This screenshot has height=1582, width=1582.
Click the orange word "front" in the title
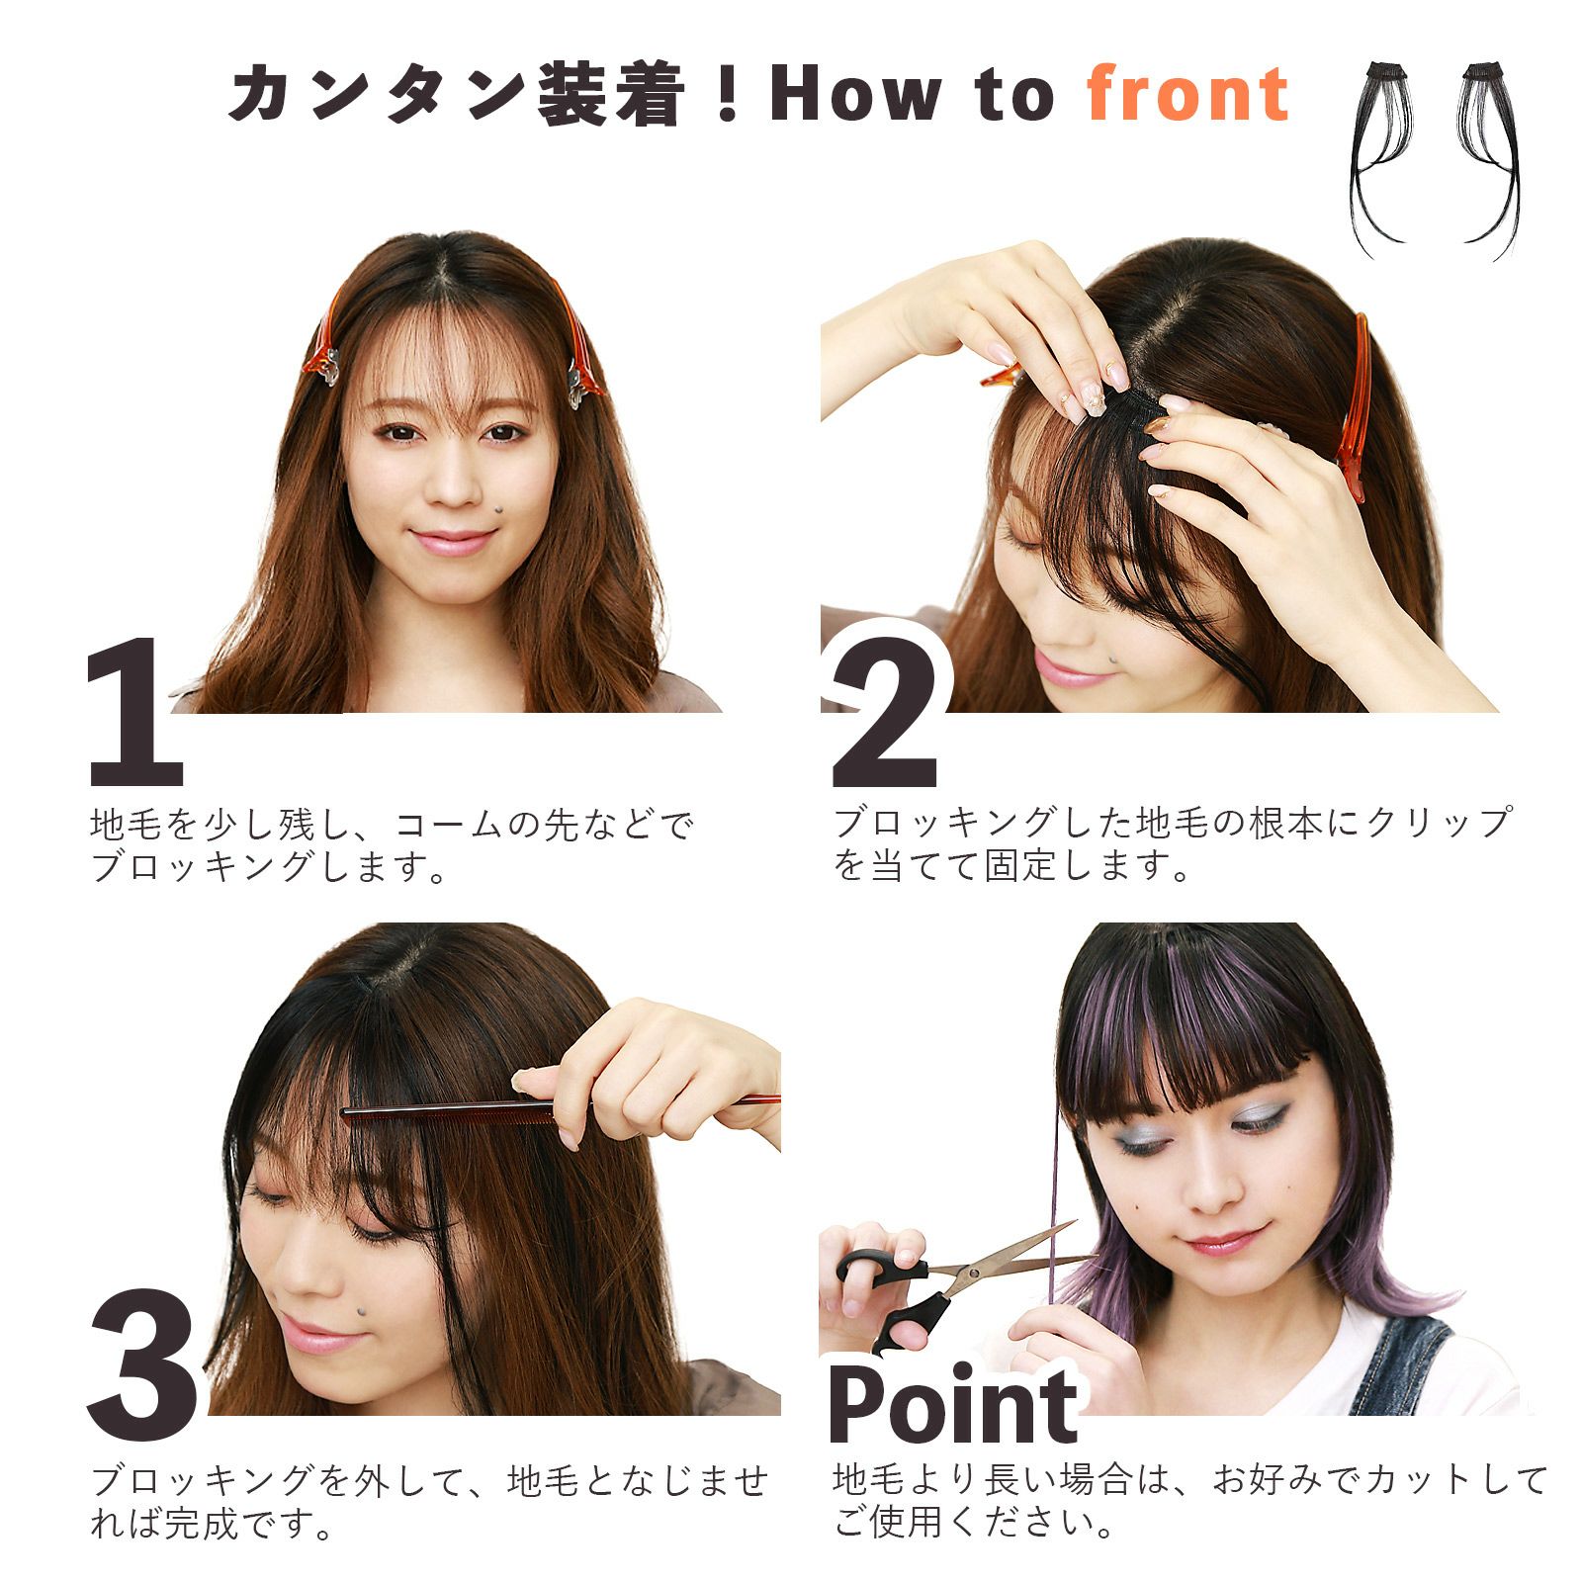(x=1188, y=95)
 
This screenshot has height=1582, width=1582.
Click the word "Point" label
(x=951, y=1404)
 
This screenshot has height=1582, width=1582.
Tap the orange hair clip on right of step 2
(x=1355, y=405)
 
